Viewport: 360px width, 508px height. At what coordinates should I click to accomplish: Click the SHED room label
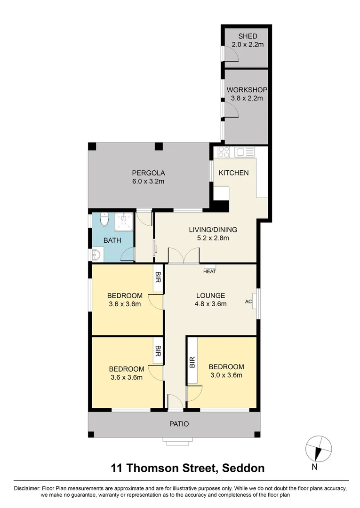(247, 36)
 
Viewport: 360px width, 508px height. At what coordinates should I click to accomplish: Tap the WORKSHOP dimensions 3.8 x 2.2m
(247, 98)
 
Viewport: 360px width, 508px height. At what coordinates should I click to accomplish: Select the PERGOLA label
(148, 173)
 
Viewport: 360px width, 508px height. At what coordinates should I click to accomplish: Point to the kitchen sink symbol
(245, 152)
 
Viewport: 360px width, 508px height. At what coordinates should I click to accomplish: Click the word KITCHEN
(233, 173)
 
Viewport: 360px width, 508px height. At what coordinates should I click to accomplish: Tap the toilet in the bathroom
(104, 219)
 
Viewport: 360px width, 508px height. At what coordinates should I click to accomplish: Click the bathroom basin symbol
(96, 254)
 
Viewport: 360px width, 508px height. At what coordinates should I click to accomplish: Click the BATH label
(112, 240)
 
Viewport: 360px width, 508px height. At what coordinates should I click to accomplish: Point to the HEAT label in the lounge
(209, 271)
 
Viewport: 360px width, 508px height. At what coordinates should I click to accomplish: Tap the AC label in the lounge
(248, 302)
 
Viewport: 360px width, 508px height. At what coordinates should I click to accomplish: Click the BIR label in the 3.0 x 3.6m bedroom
(192, 362)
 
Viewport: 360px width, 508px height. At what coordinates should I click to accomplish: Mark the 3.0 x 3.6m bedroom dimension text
(226, 375)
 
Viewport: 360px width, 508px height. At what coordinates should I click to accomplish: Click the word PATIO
(179, 424)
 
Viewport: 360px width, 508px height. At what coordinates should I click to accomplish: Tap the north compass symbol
(319, 448)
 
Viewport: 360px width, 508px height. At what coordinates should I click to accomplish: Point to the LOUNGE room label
(210, 295)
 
